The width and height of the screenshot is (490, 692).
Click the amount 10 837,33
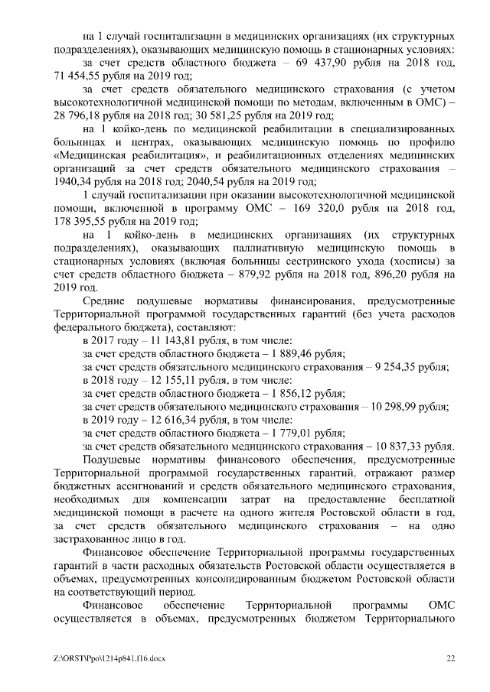coord(405,446)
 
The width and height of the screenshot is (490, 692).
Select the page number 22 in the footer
coord(452,658)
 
